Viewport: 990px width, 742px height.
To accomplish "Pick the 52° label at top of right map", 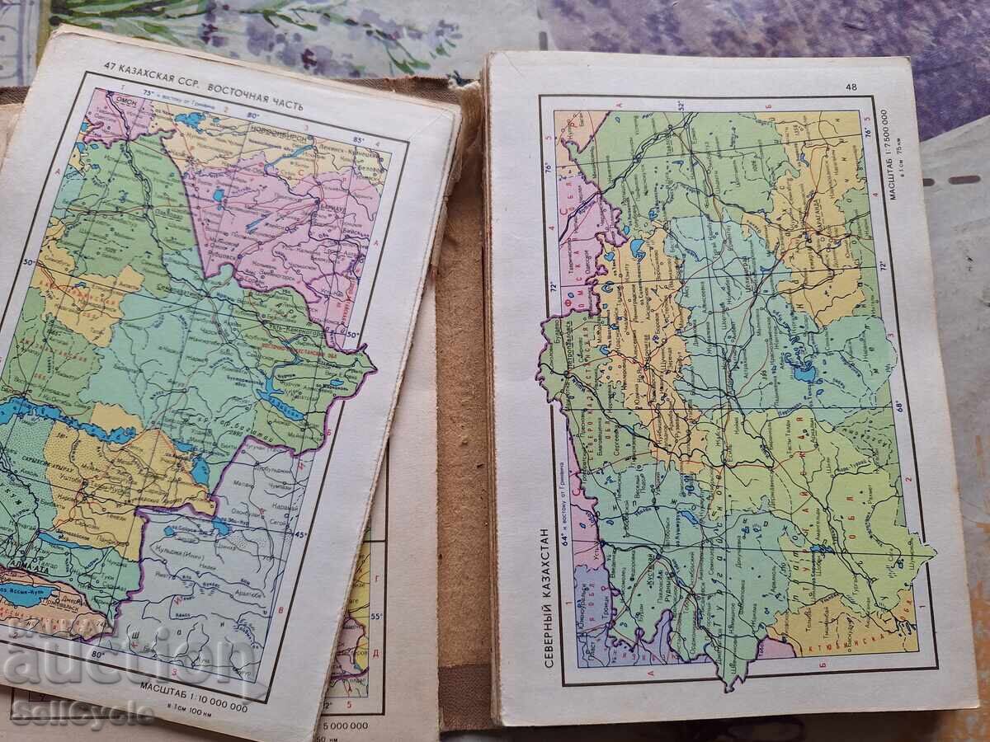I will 681,105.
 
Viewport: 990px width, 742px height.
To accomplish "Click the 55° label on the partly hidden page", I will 378,615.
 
